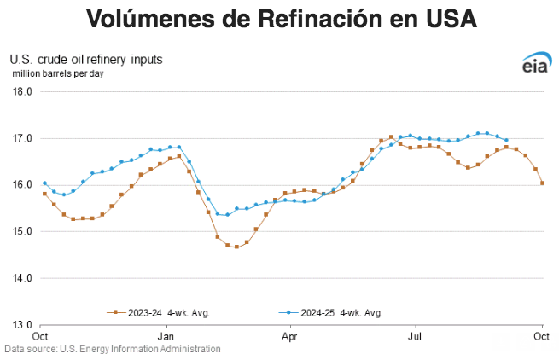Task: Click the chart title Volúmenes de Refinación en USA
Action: coord(279,19)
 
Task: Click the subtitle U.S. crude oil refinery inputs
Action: coord(86,60)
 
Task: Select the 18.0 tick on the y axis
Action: coord(21,91)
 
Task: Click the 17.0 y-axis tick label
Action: coord(21,138)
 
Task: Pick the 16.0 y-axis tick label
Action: coord(21,184)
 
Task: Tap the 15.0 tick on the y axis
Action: coord(21,231)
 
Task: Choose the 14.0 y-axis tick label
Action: coord(21,278)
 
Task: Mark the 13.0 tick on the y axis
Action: coord(21,325)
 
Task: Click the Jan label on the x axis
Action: coord(166,335)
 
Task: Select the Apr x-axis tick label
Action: coord(291,335)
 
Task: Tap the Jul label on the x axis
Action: coord(416,335)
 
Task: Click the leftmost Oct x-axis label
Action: coord(40,335)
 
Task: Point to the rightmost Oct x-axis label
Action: coord(541,335)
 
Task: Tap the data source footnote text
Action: coord(113,349)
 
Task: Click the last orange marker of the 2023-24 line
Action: coord(542,183)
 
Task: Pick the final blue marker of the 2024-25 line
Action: coord(507,140)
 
